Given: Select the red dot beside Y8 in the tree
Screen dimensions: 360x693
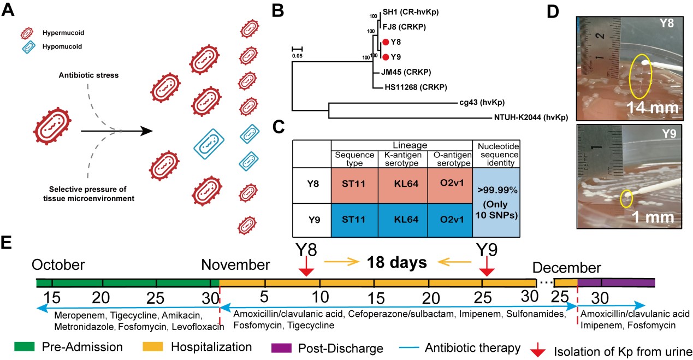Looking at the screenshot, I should click(386, 42).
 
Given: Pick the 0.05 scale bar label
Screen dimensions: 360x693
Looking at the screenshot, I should click(297, 55).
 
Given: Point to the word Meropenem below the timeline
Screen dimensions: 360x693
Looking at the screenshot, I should click(76, 316).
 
